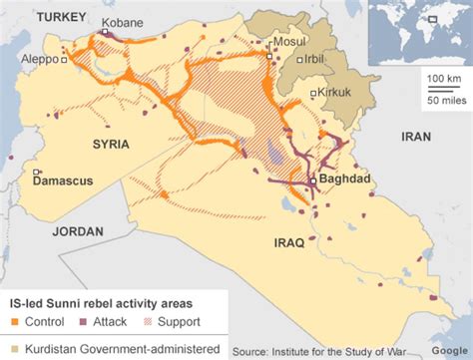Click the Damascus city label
[x=62, y=182]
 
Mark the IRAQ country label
[x=291, y=242]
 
